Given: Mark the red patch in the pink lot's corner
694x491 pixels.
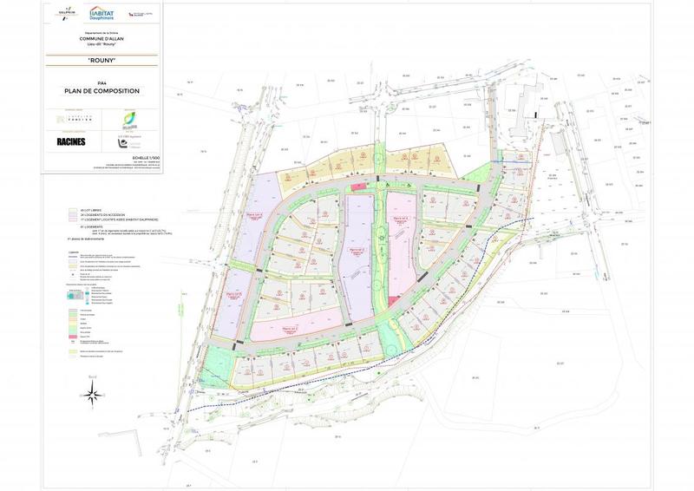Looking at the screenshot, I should coord(395,300).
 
